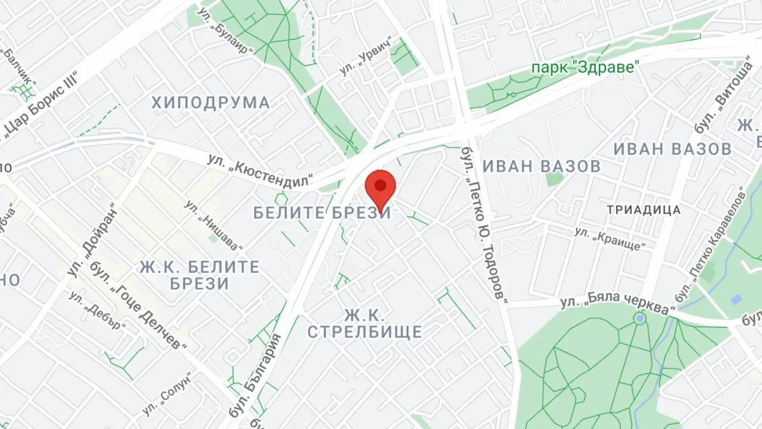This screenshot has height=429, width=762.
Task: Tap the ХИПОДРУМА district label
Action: pos(211,103)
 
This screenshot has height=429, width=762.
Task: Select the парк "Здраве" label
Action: pos(585,67)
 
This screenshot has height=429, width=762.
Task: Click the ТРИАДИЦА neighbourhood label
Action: pos(643,210)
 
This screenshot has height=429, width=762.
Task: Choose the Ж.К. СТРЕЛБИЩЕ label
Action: pos(364,324)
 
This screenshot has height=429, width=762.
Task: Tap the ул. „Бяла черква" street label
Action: pos(617,304)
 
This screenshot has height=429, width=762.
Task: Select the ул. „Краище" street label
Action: pos(610,239)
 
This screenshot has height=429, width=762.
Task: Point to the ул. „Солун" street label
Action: pos(167,396)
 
